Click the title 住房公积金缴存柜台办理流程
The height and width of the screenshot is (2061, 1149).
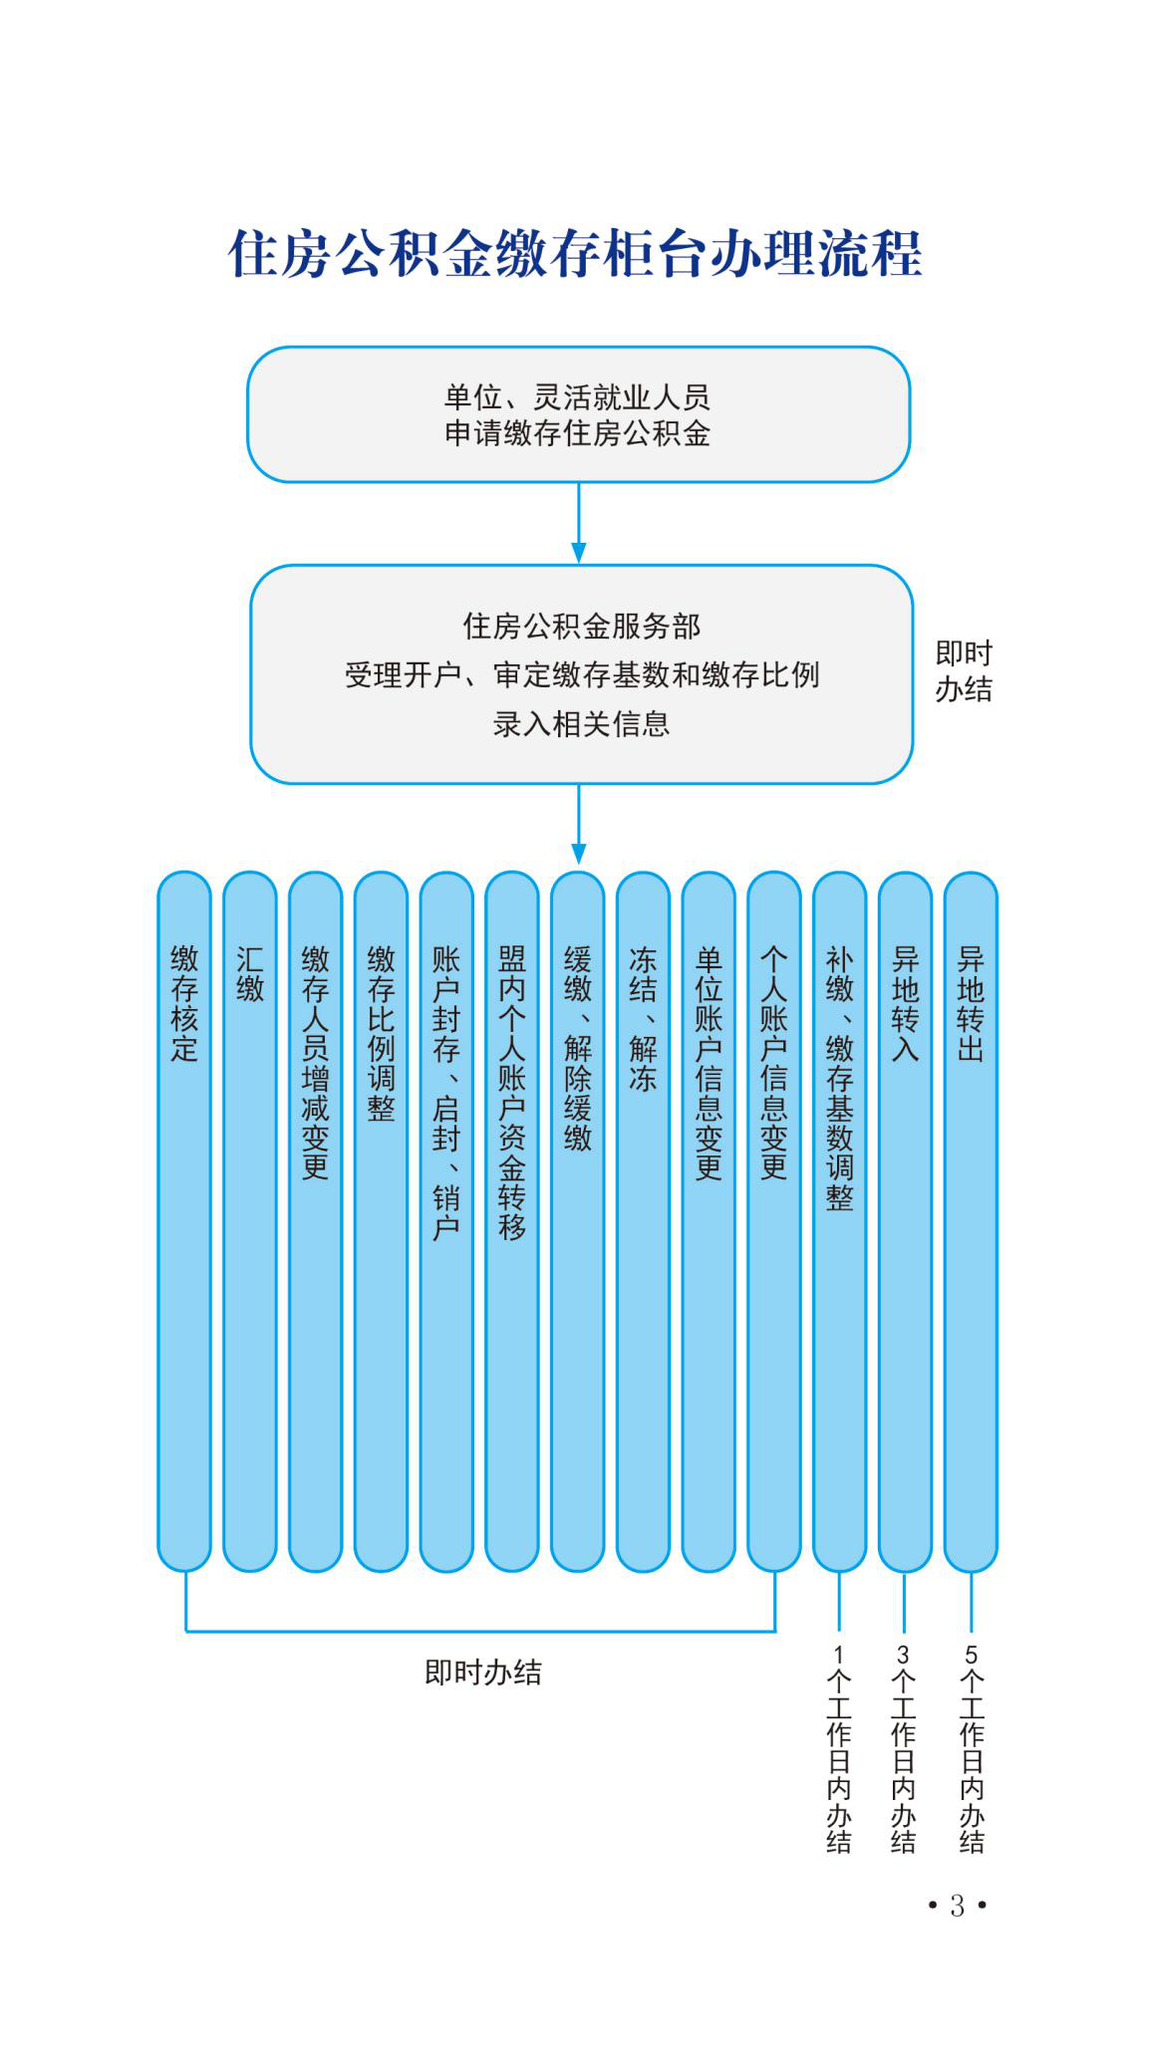pyautogui.click(x=575, y=253)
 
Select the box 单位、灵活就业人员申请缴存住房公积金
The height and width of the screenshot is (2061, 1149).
pyautogui.click(x=578, y=414)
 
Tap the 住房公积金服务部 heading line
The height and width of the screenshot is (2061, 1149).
pyautogui.click(x=581, y=626)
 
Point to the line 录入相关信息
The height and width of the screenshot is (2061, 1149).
pyautogui.click(x=581, y=723)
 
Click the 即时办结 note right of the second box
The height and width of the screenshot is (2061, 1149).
pyautogui.click(x=964, y=671)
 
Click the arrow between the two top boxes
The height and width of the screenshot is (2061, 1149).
pyautogui.click(x=578, y=524)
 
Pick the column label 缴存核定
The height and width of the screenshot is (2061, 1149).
pyautogui.click(x=184, y=1003)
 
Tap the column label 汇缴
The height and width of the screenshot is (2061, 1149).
pyautogui.click(x=250, y=973)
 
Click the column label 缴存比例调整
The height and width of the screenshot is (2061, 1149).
pyautogui.click(x=382, y=1033)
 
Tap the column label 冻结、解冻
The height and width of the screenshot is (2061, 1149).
pyautogui.click(x=643, y=1018)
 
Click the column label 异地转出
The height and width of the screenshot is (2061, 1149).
pyautogui.click(x=971, y=1003)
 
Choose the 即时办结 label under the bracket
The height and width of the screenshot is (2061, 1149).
pyautogui.click(x=483, y=1673)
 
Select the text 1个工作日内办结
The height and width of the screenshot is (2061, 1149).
pyautogui.click(x=839, y=1750)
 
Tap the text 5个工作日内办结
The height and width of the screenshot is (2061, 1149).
pyautogui.click(x=972, y=1750)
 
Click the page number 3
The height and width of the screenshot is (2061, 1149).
pyautogui.click(x=958, y=1906)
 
